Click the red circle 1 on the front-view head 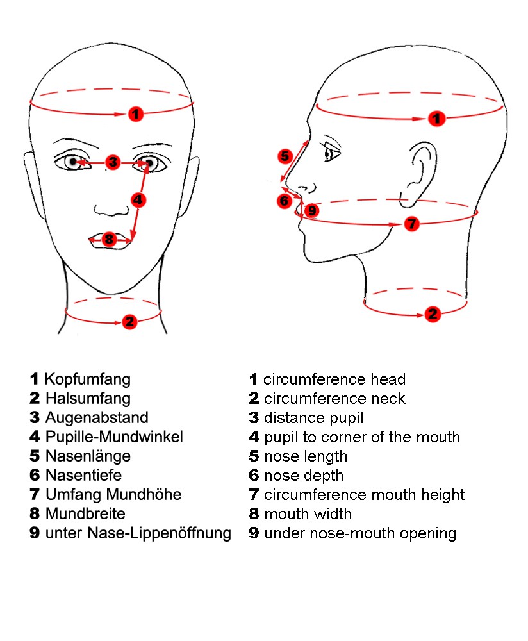[x=135, y=114]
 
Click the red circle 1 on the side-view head [x=436, y=119]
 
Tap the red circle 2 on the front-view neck [x=129, y=321]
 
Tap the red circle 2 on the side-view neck [x=433, y=314]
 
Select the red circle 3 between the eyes [x=113, y=162]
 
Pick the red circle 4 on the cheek [x=138, y=199]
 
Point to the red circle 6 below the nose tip [x=285, y=201]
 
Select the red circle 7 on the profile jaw [x=412, y=224]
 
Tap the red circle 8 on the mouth [x=109, y=239]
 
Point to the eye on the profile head [x=331, y=154]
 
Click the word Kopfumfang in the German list [x=87, y=379]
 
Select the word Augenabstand [x=97, y=417]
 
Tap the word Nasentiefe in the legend [x=83, y=475]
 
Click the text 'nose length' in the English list [x=306, y=456]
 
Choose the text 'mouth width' [x=308, y=514]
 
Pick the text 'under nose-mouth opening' [x=359, y=533]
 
